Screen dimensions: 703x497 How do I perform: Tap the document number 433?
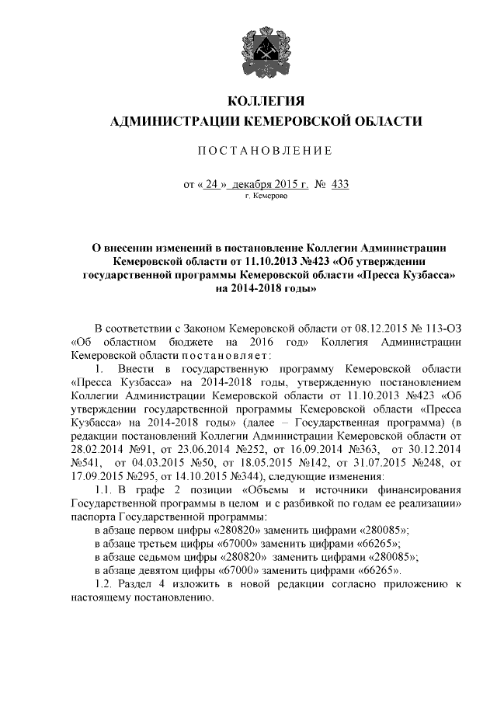tap(339, 185)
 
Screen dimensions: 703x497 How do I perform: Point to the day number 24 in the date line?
tap(213, 185)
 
